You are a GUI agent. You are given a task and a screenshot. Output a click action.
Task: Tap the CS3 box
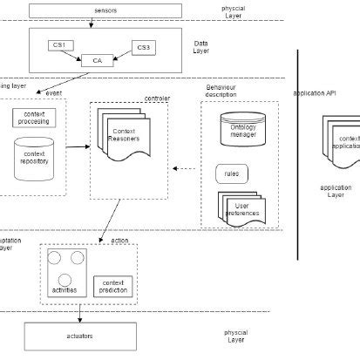(x=145, y=46)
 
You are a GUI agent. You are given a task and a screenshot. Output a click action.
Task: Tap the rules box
(x=231, y=173)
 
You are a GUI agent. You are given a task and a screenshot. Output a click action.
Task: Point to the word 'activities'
(x=65, y=289)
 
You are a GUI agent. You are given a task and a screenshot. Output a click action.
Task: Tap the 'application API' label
(x=315, y=92)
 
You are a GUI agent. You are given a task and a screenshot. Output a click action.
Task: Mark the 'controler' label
(x=157, y=98)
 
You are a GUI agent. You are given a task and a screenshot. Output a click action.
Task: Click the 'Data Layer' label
(x=201, y=45)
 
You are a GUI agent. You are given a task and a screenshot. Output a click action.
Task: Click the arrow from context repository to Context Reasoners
(x=77, y=146)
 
